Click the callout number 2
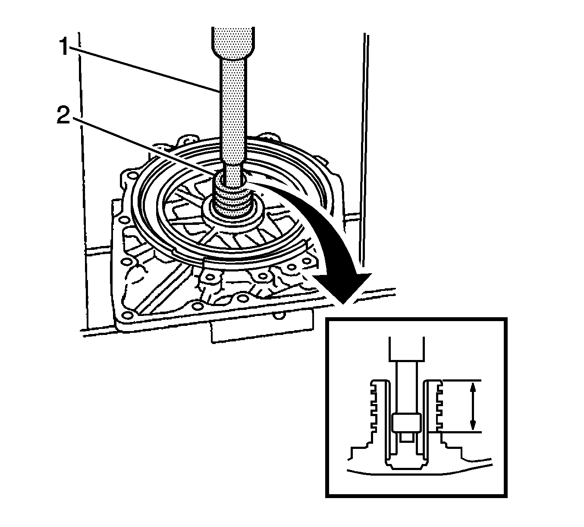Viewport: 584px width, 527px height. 63,116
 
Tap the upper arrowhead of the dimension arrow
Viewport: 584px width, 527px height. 473,388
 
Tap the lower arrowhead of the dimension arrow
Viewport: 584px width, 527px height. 473,425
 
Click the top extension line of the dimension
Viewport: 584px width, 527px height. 462,381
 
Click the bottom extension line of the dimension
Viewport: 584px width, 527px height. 462,432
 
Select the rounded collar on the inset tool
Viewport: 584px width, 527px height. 406,423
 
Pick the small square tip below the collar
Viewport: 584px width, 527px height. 406,437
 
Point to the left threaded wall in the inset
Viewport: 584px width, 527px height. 374,406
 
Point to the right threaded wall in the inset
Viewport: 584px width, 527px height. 437,406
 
